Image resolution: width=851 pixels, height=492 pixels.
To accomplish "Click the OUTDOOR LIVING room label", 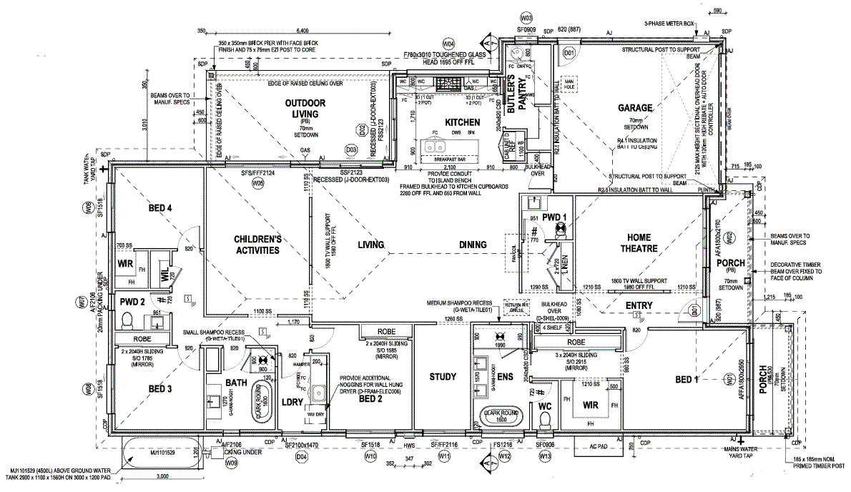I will point(305,108).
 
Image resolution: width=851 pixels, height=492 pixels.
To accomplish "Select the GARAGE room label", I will point(635,108).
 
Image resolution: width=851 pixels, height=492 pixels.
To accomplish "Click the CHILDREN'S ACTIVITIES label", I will point(255,245).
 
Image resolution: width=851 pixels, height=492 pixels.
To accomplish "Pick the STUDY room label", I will point(442,377).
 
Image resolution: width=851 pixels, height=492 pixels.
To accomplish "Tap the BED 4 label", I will point(160,208).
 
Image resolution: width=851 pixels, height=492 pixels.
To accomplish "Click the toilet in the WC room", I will point(545,422).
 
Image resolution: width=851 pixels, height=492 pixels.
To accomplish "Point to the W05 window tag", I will point(258,184).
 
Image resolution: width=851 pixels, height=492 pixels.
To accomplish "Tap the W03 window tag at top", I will point(526,16).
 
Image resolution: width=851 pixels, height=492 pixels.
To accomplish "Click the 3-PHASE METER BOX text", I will point(668,23).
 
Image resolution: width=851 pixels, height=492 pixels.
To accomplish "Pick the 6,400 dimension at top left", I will point(302,31).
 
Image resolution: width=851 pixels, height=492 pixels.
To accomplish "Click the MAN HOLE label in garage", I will point(569,84).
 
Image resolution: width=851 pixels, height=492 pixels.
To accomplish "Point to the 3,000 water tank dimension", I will point(162,476).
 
